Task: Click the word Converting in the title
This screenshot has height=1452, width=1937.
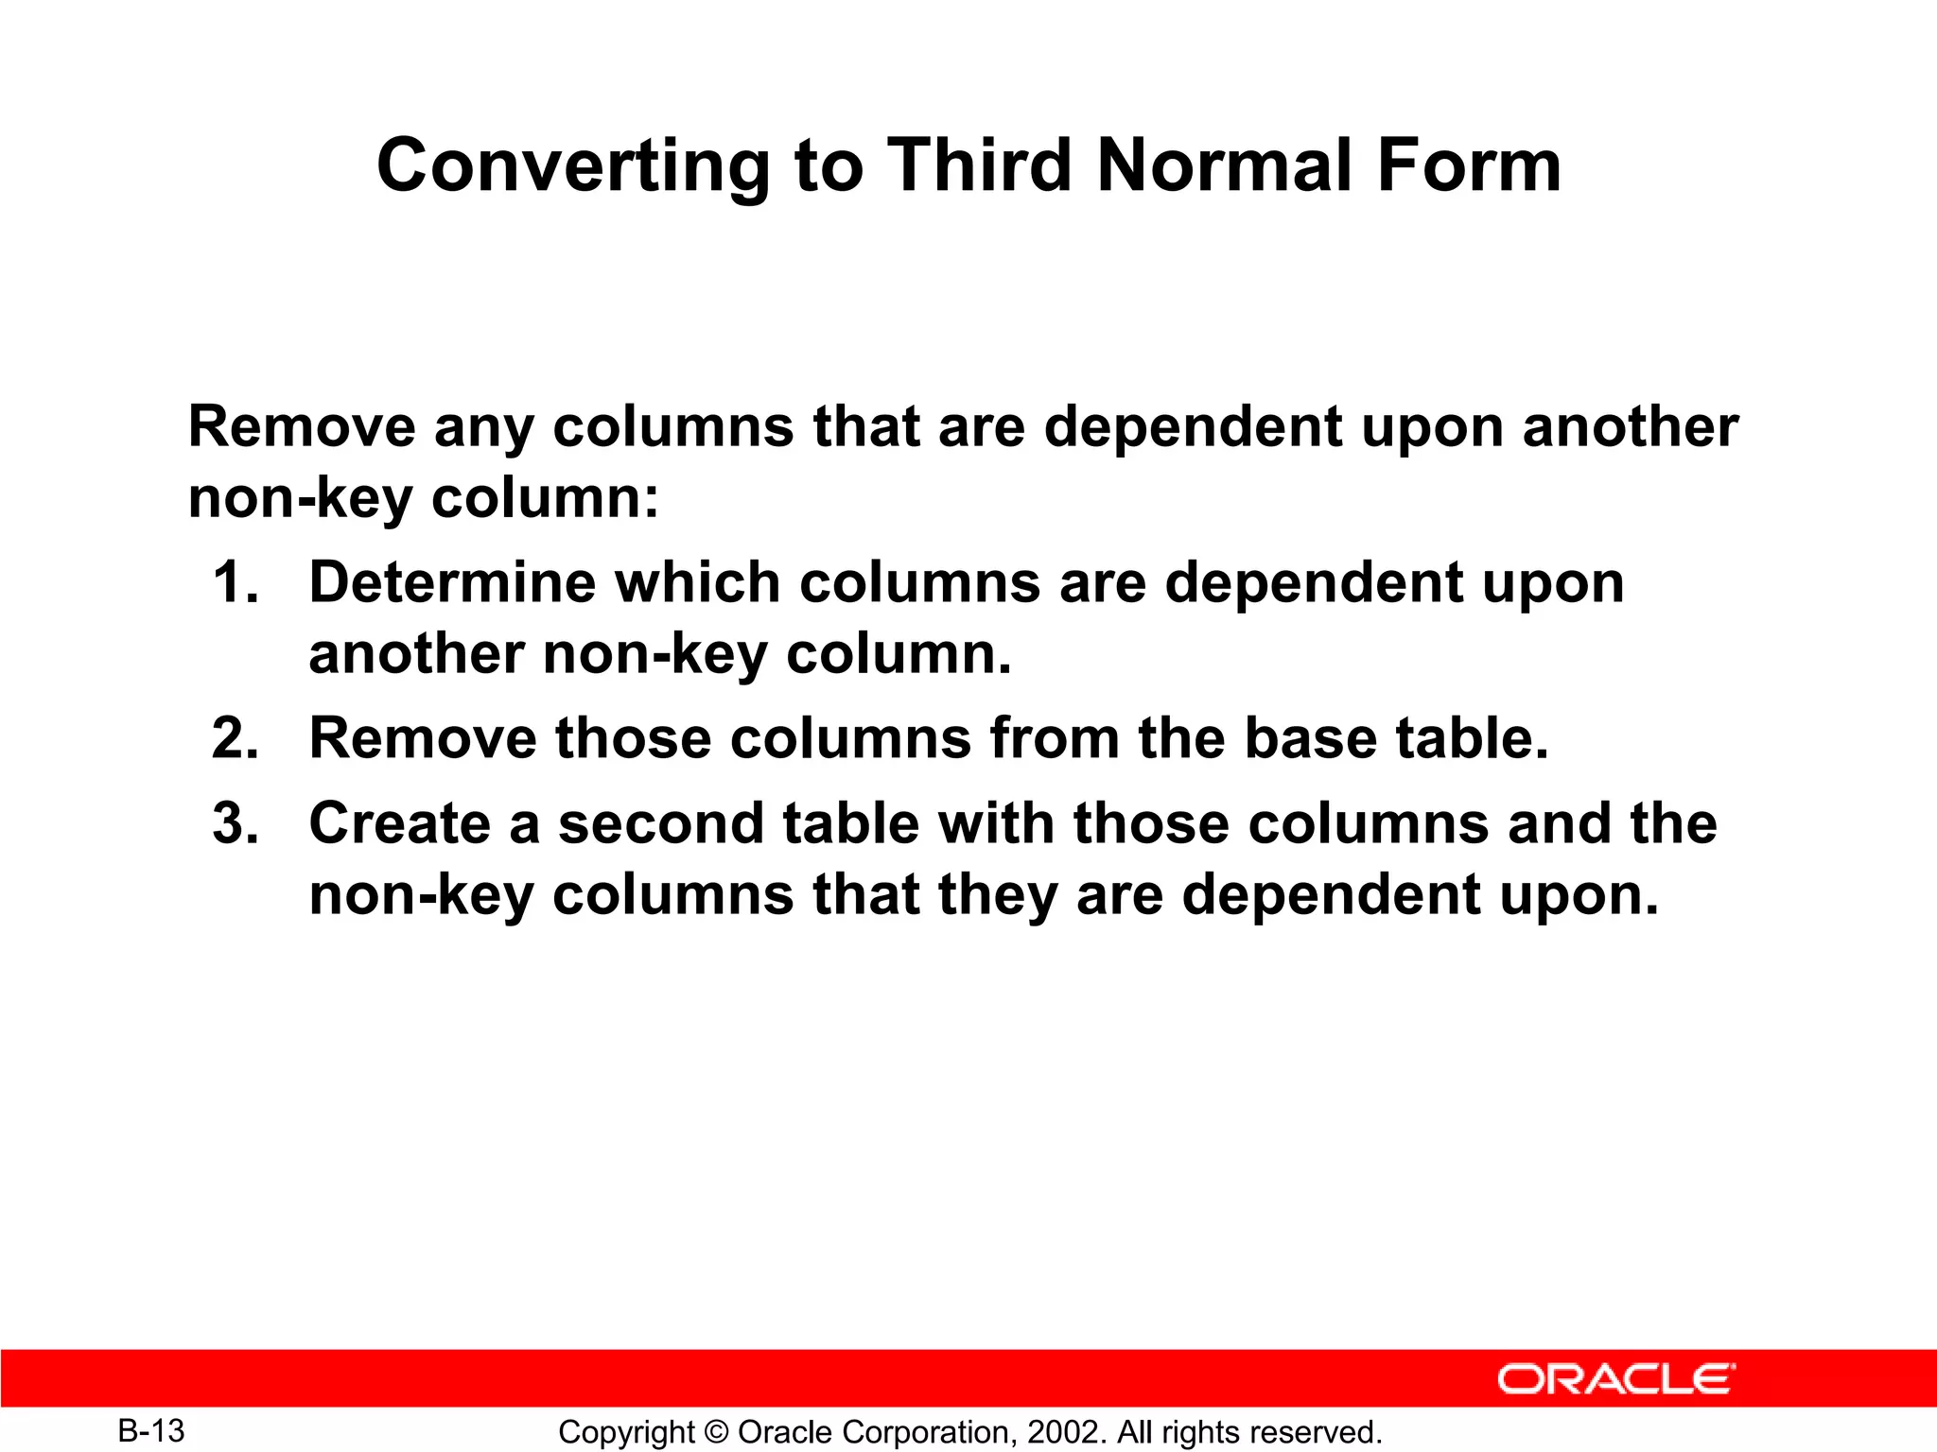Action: coord(573,166)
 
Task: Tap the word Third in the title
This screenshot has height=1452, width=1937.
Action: coord(979,165)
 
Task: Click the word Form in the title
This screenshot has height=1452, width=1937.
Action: coord(1468,165)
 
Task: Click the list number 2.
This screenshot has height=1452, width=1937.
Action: coord(236,738)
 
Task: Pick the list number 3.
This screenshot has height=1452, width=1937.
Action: coord(236,823)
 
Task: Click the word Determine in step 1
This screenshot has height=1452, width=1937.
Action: coord(452,582)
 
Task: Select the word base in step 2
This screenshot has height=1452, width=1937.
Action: coord(1310,738)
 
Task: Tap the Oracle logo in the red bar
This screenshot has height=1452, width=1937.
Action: coord(1616,1379)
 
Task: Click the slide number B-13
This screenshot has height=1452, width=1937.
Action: coord(151,1431)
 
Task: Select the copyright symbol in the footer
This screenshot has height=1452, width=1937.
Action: coord(716,1432)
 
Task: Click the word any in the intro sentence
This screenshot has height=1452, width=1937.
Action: coord(484,428)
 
